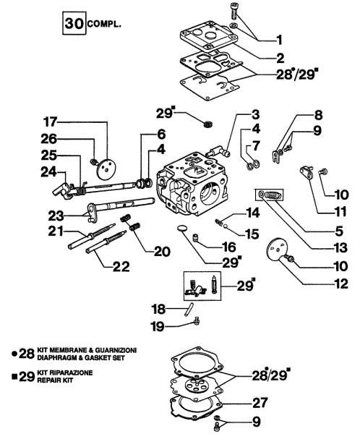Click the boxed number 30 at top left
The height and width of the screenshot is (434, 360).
pyautogui.click(x=72, y=23)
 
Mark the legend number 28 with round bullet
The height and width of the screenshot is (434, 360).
pyautogui.click(x=25, y=353)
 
